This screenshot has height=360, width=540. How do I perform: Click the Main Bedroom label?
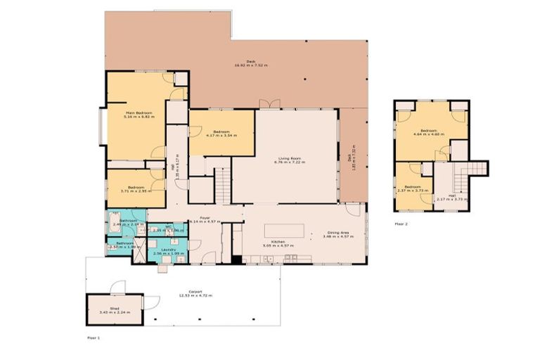pyautogui.click(x=140, y=115)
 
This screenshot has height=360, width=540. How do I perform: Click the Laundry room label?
pyautogui.click(x=168, y=251)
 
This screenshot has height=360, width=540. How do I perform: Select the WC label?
pyautogui.click(x=168, y=228)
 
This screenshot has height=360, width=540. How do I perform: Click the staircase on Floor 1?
pyautogui.click(x=222, y=184)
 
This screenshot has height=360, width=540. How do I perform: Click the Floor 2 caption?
pyautogui.click(x=401, y=224)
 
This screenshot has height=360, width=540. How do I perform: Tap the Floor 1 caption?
pyautogui.click(x=94, y=338)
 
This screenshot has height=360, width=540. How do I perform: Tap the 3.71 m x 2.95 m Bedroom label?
pyautogui.click(x=134, y=188)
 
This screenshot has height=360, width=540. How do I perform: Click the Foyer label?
pyautogui.click(x=205, y=219)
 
